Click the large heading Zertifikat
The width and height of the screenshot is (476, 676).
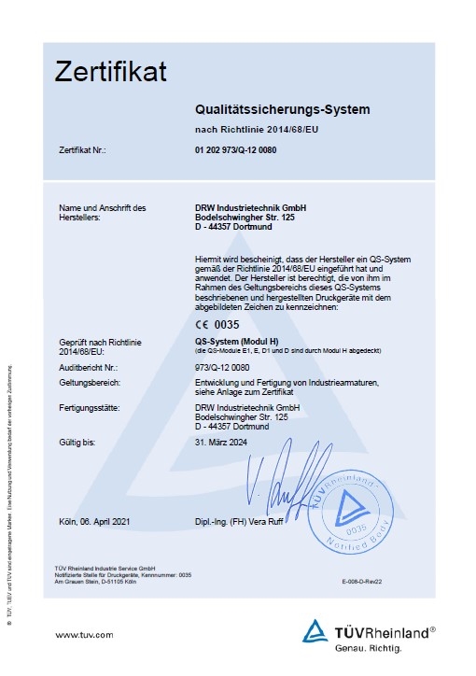(110, 70)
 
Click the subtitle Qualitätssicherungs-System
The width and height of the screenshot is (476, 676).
(282, 109)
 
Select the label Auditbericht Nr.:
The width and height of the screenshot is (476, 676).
(90, 367)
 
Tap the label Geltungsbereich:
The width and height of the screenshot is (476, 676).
(90, 383)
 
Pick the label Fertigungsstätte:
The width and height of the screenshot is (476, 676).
(91, 408)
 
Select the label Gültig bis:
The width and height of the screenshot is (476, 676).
(77, 442)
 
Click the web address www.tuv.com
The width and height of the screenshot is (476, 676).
(85, 634)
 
